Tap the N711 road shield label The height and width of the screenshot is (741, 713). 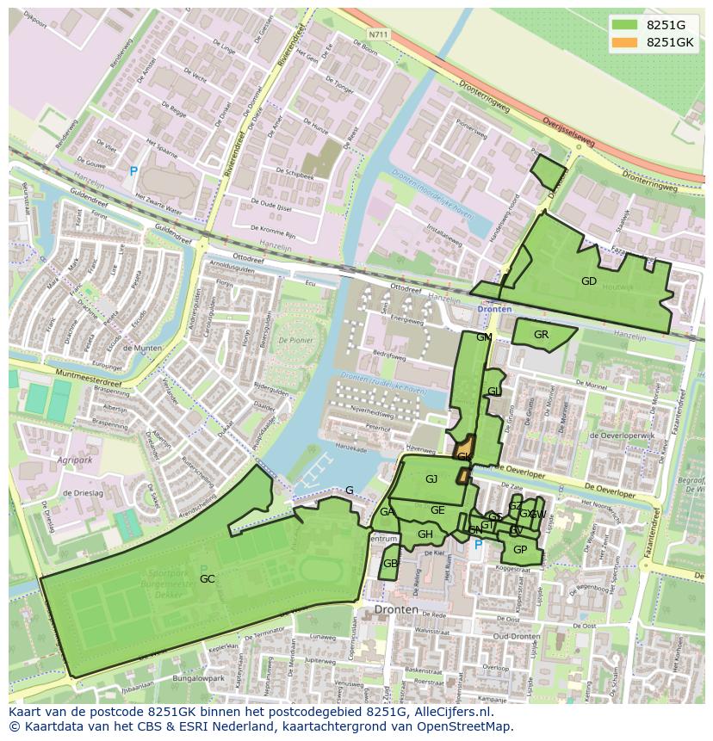[376, 34]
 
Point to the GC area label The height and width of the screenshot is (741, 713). [207, 579]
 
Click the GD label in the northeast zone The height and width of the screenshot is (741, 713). [589, 281]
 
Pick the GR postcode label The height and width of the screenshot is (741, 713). [541, 335]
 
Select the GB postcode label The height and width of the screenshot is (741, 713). [390, 564]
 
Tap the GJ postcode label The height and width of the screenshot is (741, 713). [431, 479]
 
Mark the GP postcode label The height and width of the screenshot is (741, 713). [519, 550]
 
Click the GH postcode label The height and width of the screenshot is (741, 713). [425, 534]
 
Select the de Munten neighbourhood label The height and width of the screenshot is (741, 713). [143, 348]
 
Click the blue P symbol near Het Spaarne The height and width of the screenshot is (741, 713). [133, 172]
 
